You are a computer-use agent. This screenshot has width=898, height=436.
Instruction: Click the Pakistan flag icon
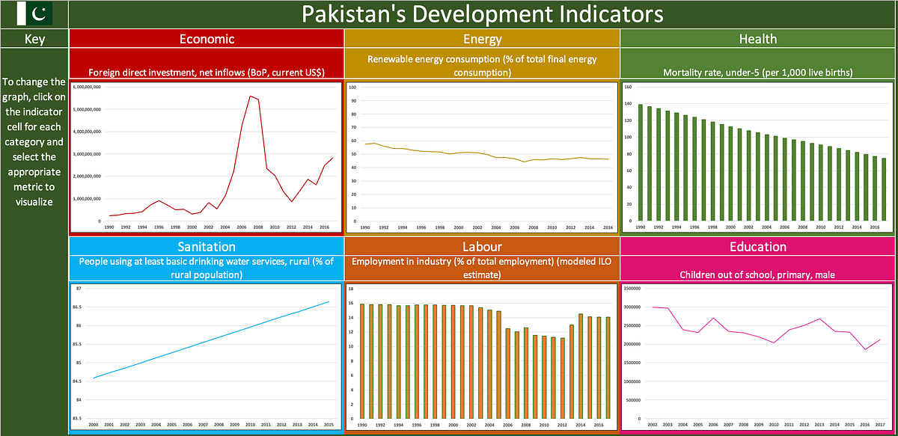[x=34, y=13]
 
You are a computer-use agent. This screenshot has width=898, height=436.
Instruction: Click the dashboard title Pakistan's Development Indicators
[x=482, y=13]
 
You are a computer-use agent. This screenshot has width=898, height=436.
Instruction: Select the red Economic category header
[x=206, y=39]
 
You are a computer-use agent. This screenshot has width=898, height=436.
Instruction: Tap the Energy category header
[x=482, y=39]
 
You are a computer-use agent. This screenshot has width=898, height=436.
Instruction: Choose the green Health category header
[x=757, y=39]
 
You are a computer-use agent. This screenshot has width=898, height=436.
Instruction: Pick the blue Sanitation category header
[x=206, y=246]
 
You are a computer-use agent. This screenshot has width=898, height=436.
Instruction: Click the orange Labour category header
[x=482, y=246]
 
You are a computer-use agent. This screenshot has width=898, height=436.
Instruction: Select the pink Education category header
[x=757, y=246]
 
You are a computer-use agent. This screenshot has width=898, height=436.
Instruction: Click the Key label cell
[x=34, y=39]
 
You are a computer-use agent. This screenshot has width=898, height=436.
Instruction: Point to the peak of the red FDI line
[x=249, y=96]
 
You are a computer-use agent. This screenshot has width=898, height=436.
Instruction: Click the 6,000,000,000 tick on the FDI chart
[x=87, y=88]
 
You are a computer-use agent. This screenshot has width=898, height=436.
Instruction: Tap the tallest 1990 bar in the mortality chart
[x=641, y=165]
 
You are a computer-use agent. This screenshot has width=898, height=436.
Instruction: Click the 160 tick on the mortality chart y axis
[x=629, y=87]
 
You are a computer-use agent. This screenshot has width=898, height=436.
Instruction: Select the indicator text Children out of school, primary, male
[x=757, y=274]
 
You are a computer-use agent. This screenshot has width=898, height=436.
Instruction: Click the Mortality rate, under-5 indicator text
[x=757, y=73]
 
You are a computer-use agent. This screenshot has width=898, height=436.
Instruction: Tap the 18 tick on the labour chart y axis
[x=352, y=289]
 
